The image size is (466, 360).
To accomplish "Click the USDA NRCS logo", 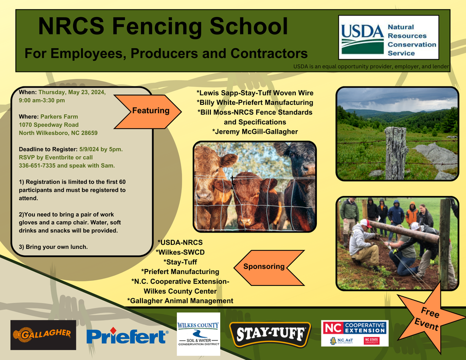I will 388,37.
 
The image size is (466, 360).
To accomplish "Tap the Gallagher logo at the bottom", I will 43,335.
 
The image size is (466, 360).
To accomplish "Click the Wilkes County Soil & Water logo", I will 198,334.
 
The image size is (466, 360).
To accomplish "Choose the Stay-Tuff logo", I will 270,334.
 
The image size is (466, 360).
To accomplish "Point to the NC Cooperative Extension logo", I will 354,333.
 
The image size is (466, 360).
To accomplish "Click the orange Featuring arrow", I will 149,111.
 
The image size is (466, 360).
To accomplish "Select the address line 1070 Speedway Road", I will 49,125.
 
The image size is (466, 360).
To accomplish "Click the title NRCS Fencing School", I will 163,27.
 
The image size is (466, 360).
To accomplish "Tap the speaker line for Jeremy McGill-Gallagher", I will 255,132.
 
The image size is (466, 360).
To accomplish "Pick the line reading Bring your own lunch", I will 53,247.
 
